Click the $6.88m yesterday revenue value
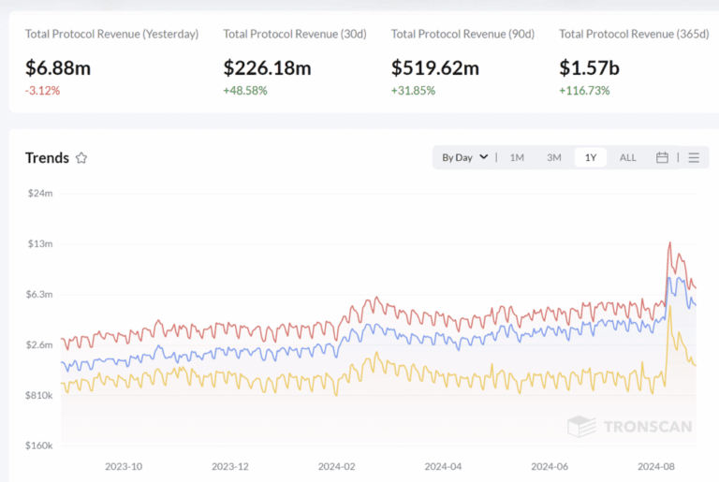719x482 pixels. pyautogui.click(x=66, y=68)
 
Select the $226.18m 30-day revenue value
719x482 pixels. pyautogui.click(x=267, y=68)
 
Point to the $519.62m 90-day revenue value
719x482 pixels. pyautogui.click(x=434, y=68)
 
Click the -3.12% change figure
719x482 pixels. pyautogui.click(x=43, y=91)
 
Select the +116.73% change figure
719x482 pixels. pyautogui.click(x=584, y=91)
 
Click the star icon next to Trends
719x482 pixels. pyautogui.click(x=81, y=158)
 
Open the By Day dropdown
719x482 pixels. pyautogui.click(x=464, y=157)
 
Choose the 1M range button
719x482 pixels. pyautogui.click(x=517, y=157)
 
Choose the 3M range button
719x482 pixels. pyautogui.click(x=554, y=157)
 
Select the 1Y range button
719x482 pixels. pyautogui.click(x=591, y=157)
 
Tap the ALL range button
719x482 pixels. pyautogui.click(x=627, y=157)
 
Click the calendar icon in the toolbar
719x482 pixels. pyautogui.click(x=662, y=157)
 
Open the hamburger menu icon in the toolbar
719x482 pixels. pyautogui.click(x=694, y=157)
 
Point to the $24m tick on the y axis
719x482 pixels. pyautogui.click(x=38, y=193)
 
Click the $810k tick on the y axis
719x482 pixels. pyautogui.click(x=37, y=395)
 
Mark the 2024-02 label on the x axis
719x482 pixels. pyautogui.click(x=338, y=466)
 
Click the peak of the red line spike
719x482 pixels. pyautogui.click(x=669, y=242)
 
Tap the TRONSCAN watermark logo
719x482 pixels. pyautogui.click(x=630, y=427)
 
